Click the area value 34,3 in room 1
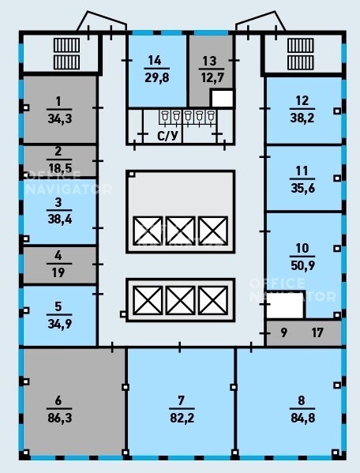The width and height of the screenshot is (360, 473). [60, 118]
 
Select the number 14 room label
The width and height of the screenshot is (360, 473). [155, 60]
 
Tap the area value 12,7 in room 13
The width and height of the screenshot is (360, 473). [212, 78]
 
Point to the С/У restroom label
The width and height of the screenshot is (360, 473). [167, 136]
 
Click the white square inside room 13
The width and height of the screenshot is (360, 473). [222, 99]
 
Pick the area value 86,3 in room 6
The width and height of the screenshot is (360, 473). [60, 418]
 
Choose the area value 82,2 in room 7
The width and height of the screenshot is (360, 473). [182, 418]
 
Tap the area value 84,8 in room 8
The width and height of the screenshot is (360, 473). [302, 418]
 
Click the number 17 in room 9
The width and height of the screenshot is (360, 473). [317, 332]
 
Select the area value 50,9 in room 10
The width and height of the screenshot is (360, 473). [302, 265]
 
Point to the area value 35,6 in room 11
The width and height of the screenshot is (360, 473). [302, 188]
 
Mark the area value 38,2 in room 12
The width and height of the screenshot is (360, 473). [302, 118]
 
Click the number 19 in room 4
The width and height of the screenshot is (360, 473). [58, 272]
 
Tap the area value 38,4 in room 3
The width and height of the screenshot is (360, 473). [60, 219]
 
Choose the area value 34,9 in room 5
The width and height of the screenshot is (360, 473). [60, 324]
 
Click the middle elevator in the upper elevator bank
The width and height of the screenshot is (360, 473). [180, 231]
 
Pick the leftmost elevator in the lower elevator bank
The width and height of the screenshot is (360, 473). [148, 300]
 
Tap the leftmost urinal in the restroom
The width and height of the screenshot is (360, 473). [165, 117]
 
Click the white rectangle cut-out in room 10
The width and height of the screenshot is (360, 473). [285, 305]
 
